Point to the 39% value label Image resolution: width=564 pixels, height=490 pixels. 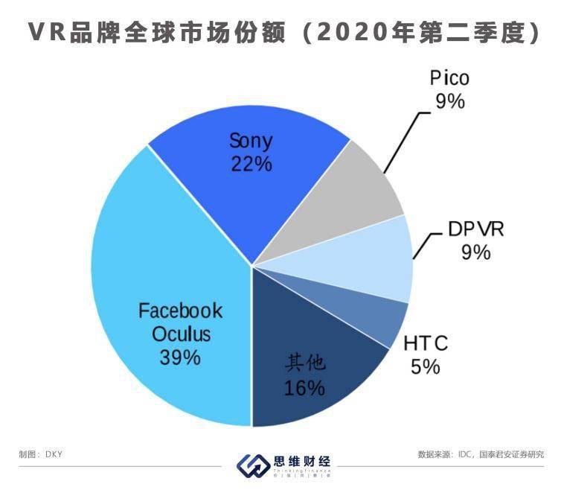click(x=179, y=357)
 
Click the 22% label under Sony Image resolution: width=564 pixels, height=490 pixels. click(x=251, y=163)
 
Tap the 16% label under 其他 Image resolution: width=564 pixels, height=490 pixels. click(x=304, y=387)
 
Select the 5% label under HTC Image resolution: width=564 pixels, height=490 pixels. click(x=426, y=366)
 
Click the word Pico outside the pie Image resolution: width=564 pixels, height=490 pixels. click(x=450, y=78)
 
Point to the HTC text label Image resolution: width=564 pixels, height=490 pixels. click(x=426, y=343)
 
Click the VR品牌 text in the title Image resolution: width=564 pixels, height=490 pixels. click(x=74, y=32)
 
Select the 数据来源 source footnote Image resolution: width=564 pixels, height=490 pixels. click(x=481, y=454)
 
